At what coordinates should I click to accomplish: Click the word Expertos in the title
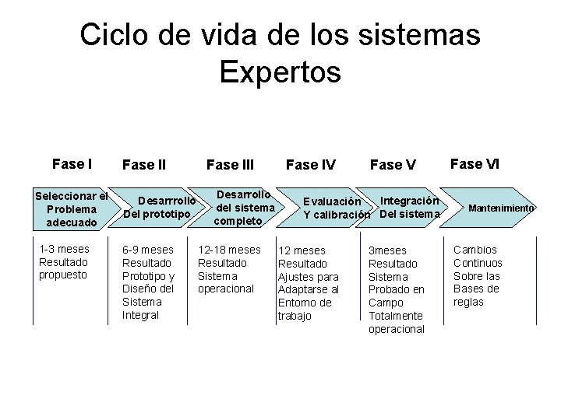(x=280, y=72)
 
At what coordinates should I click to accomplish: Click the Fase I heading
(x=72, y=164)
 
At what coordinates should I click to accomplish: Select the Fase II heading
(x=144, y=165)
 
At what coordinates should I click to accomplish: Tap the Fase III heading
(x=230, y=165)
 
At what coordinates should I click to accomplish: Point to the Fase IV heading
(x=311, y=165)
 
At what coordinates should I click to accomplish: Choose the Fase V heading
(x=393, y=165)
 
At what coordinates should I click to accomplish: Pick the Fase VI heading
(x=475, y=164)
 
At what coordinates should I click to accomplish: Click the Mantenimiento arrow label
(x=501, y=208)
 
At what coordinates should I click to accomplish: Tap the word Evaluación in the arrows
(x=332, y=202)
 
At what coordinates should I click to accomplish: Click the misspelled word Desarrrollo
(x=166, y=202)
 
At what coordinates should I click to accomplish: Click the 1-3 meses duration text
(x=64, y=249)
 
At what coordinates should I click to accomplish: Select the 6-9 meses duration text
(x=147, y=250)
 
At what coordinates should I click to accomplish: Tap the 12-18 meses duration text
(x=229, y=250)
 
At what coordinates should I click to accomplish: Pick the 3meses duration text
(x=387, y=250)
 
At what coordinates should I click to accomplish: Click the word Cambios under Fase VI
(x=475, y=250)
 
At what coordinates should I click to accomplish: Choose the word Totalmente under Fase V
(x=395, y=316)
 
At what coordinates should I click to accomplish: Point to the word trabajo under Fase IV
(x=295, y=316)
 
